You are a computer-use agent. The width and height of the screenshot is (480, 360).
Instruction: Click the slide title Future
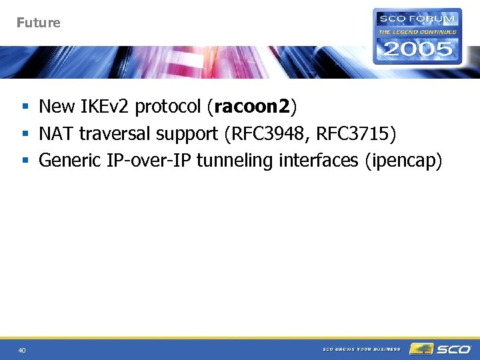(x=38, y=23)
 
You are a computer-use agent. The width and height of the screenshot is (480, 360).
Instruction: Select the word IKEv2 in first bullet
(x=105, y=107)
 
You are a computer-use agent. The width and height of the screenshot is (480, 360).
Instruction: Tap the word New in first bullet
(x=57, y=107)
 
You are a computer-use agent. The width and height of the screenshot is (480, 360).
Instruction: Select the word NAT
(x=56, y=134)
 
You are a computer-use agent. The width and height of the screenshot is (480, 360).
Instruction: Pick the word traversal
(x=115, y=134)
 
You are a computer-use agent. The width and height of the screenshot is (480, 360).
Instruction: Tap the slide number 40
(x=22, y=349)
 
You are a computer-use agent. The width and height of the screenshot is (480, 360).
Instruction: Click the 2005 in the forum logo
(x=417, y=48)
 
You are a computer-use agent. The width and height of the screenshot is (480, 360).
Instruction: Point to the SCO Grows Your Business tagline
(x=361, y=349)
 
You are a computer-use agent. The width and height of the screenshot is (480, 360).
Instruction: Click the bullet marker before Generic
(x=24, y=161)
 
